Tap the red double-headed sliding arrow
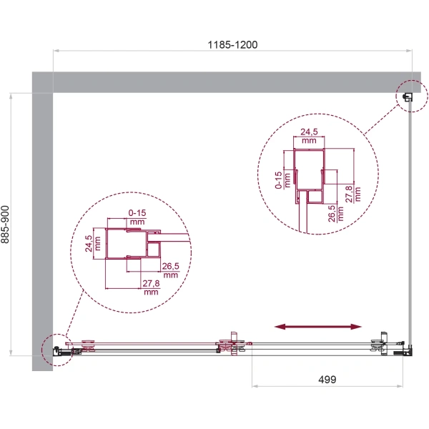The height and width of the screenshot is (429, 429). (x=318, y=327)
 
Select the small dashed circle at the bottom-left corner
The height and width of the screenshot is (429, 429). (x=54, y=350)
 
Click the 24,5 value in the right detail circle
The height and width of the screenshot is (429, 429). (x=308, y=136)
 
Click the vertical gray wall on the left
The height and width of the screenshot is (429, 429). (x=43, y=229)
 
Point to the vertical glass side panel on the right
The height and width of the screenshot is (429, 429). (x=410, y=229)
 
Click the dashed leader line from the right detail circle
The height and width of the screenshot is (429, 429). (x=383, y=120)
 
